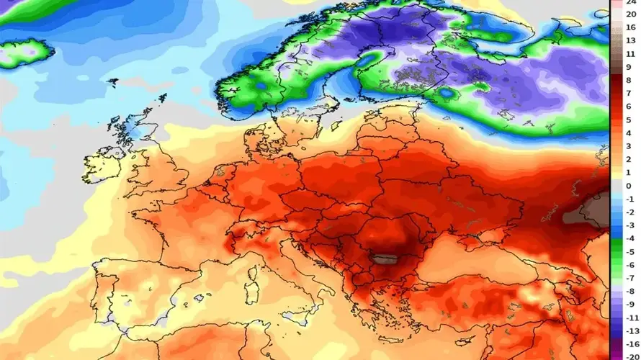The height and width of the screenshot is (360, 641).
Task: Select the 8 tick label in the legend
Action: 629,81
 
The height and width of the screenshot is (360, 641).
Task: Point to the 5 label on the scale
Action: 629,120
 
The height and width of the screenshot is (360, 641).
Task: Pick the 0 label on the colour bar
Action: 629,186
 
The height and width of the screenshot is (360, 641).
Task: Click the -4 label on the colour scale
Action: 629,238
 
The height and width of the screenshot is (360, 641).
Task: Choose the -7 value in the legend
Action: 629,278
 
